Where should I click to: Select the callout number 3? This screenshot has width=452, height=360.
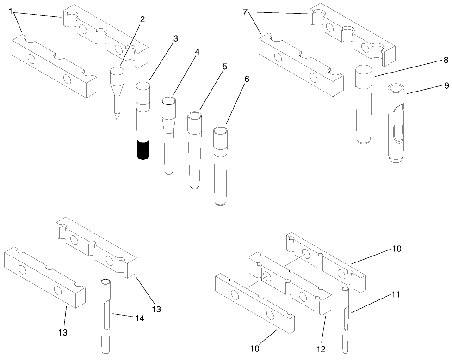pyautogui.click(x=175, y=39)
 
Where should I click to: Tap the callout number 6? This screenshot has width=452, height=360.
pyautogui.click(x=247, y=79)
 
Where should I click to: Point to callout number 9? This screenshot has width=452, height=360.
pyautogui.click(x=433, y=85)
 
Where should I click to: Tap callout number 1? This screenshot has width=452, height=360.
pyautogui.click(x=11, y=11)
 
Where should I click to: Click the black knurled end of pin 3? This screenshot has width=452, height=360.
pyautogui.click(x=142, y=149)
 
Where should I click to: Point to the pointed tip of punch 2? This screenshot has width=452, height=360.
pyautogui.click(x=117, y=116)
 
